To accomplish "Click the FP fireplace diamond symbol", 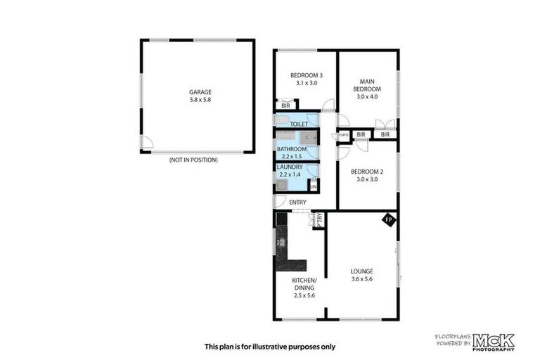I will click(388, 220).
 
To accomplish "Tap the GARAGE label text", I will click(200, 91).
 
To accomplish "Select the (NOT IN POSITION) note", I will click(193, 160).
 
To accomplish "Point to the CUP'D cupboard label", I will click(344, 135).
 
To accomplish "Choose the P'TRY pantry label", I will click(319, 219).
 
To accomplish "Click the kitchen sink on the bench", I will click(282, 242).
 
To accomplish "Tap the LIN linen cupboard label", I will click(313, 186).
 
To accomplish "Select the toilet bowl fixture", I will click(281, 120).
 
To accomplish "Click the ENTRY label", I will click(297, 202).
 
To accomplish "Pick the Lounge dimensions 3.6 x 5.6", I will click(363, 279).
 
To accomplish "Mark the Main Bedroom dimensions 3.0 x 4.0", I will click(366, 97).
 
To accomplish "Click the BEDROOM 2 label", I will click(366, 172).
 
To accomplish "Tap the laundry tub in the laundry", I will click(281, 185).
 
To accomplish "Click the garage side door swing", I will click(146, 143).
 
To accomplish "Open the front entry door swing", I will click(280, 201).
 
